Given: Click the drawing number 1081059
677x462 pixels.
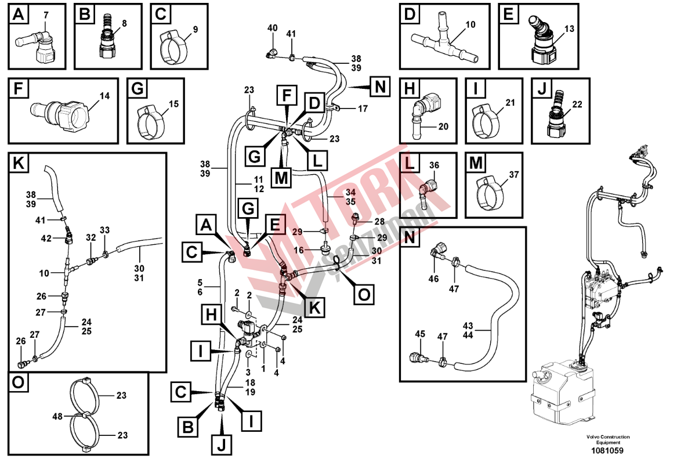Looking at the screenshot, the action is pyautogui.click(x=607, y=451).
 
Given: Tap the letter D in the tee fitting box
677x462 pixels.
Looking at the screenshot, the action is pyautogui.click(x=410, y=14).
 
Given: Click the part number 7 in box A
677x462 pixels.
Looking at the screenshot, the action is pyautogui.click(x=46, y=15).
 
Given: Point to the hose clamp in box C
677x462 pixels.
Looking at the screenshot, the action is pyautogui.click(x=173, y=48).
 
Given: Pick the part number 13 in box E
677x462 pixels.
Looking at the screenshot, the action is pyautogui.click(x=570, y=28).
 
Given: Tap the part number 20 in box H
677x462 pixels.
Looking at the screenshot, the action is pyautogui.click(x=443, y=127).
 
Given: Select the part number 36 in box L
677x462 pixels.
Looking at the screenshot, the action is pyautogui.click(x=434, y=165).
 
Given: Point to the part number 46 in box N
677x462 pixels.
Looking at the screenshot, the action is pyautogui.click(x=433, y=279).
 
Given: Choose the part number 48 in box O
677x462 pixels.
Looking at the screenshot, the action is pyautogui.click(x=57, y=416).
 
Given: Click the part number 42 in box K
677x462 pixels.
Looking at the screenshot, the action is pyautogui.click(x=46, y=239).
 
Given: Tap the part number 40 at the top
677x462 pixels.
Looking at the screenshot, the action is pyautogui.click(x=273, y=28).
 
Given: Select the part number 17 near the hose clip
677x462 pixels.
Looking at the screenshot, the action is pyautogui.click(x=363, y=109).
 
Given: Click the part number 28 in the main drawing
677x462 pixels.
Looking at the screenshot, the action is pyautogui.click(x=379, y=222).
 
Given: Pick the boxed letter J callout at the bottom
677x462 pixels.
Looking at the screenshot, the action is pyautogui.click(x=221, y=443).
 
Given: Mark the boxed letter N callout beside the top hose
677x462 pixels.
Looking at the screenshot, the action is pyautogui.click(x=380, y=86).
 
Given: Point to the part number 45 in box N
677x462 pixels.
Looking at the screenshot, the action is pyautogui.click(x=420, y=334).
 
